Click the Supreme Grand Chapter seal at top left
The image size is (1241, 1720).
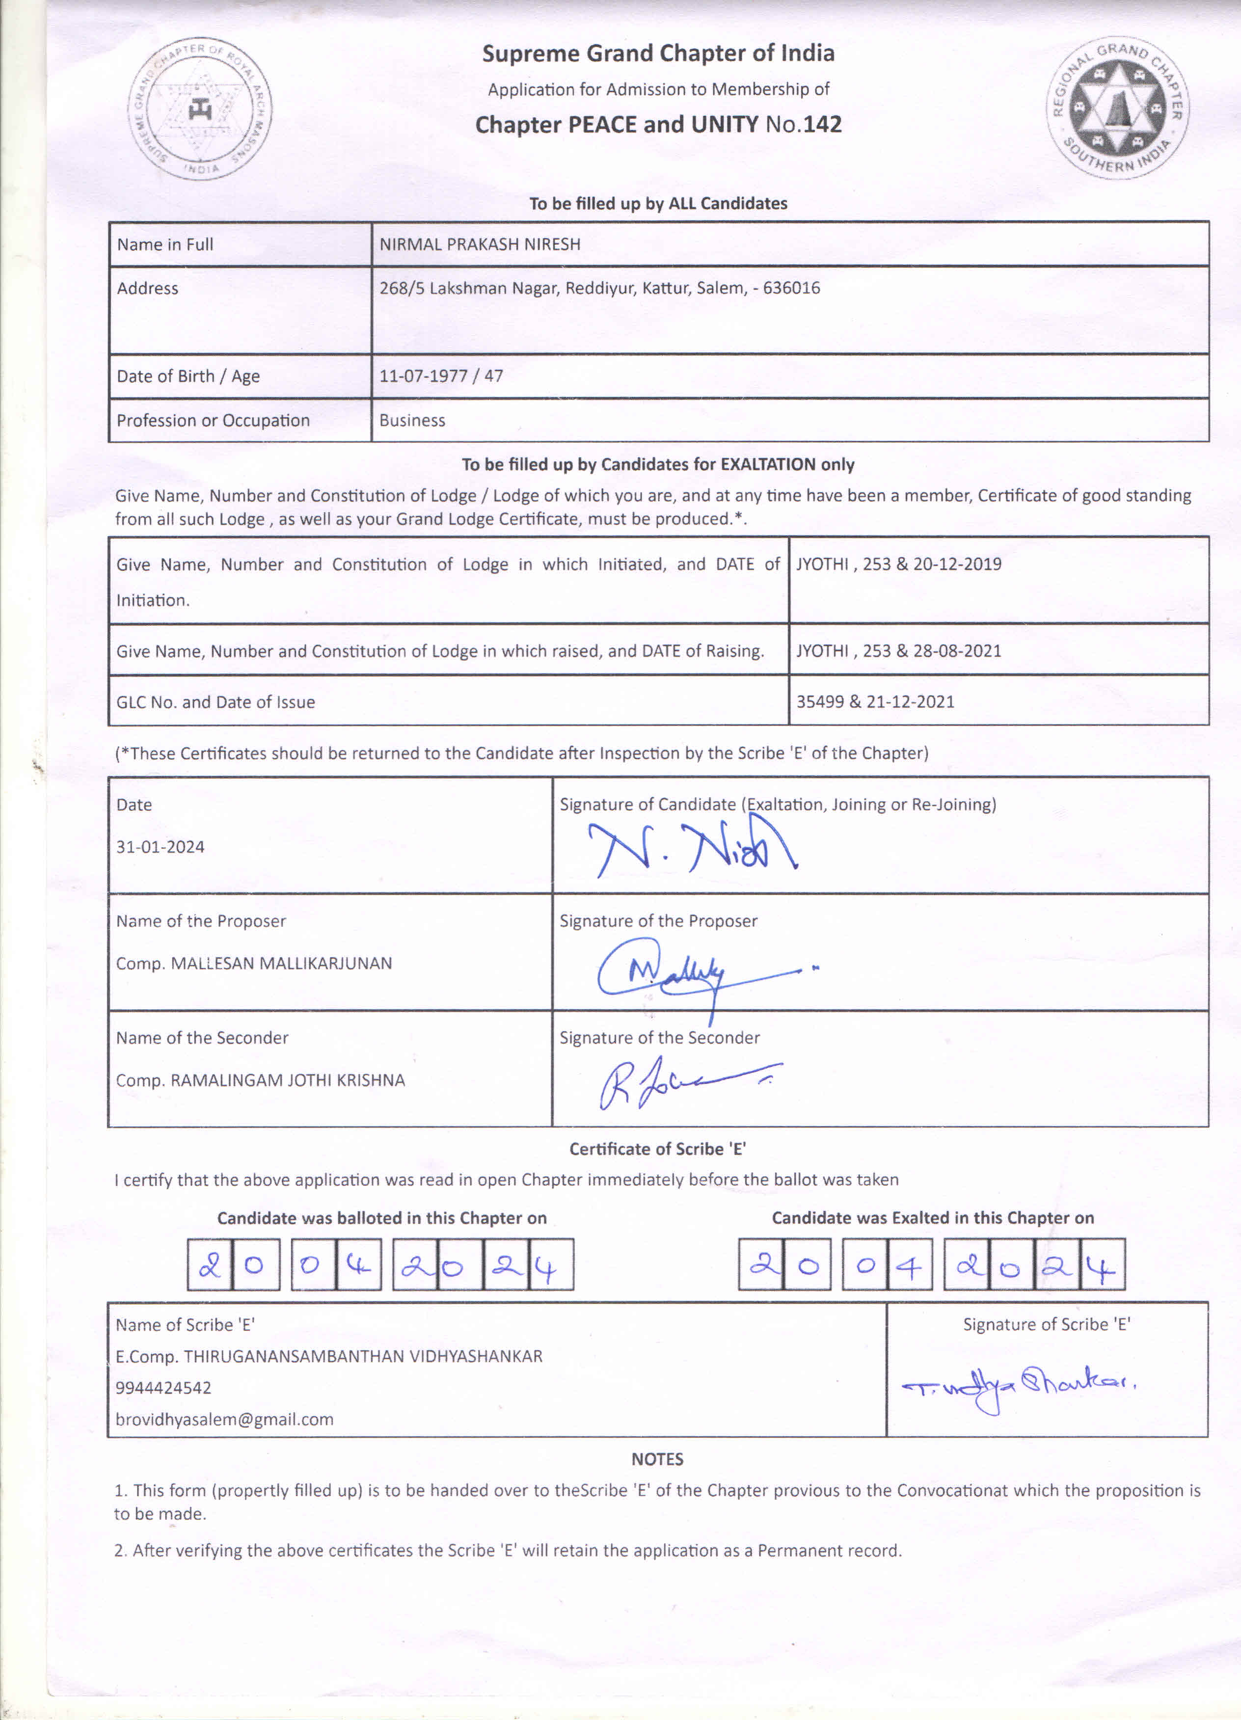[x=199, y=109]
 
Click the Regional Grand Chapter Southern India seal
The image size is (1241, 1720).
[x=1117, y=108]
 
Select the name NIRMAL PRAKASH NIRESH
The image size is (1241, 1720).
[x=480, y=244]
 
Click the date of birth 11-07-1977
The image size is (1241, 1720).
[x=423, y=376]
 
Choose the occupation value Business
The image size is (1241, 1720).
[x=412, y=420]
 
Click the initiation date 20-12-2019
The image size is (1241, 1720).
[x=957, y=564]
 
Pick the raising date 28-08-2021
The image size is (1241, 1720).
[x=957, y=651]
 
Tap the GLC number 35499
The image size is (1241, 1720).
[x=819, y=701]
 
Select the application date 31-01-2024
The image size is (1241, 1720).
[x=160, y=847]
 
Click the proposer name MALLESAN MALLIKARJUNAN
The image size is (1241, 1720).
[x=281, y=963]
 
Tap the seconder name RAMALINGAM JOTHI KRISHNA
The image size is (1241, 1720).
[x=288, y=1080]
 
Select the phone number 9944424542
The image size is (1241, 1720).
[x=163, y=1388]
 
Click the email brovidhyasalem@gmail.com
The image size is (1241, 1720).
[x=224, y=1419]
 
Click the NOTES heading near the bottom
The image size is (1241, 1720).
[x=657, y=1459]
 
